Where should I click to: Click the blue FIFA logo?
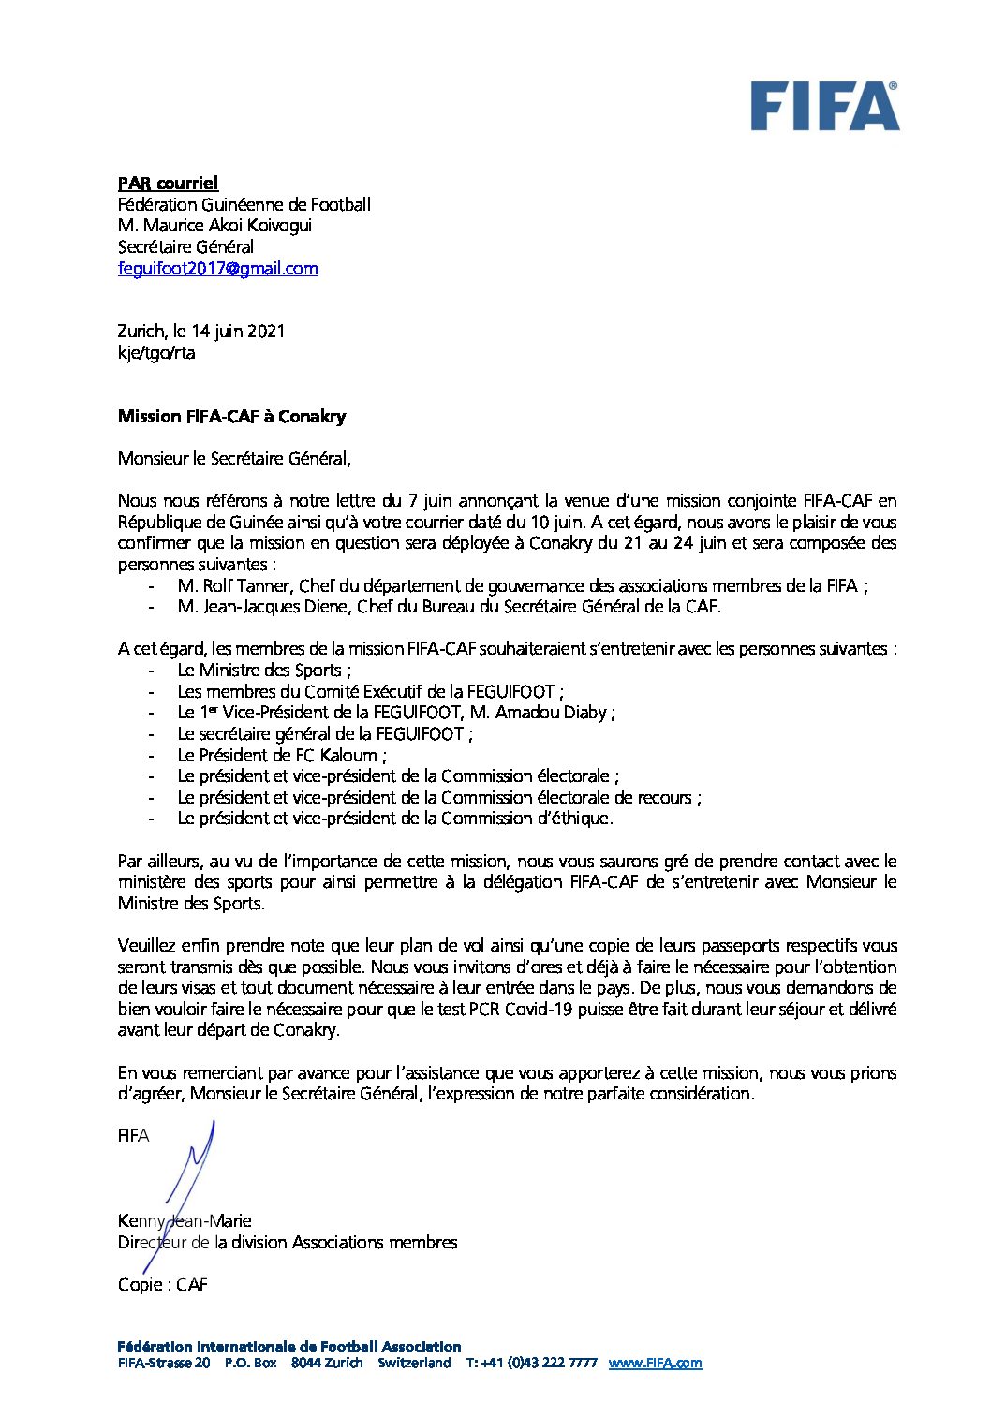point(824,106)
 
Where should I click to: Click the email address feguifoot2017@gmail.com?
point(217,269)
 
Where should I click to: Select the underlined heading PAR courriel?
point(168,184)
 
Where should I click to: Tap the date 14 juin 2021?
point(238,332)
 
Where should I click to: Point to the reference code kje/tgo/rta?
point(156,353)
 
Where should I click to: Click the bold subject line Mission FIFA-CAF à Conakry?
point(231,417)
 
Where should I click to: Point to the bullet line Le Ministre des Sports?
point(263,671)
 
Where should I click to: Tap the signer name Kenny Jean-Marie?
point(185,1221)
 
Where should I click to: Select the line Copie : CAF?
point(162,1285)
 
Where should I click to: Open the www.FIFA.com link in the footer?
point(655,1364)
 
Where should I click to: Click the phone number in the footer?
point(531,1364)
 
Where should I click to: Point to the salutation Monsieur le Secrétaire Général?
point(233,459)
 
